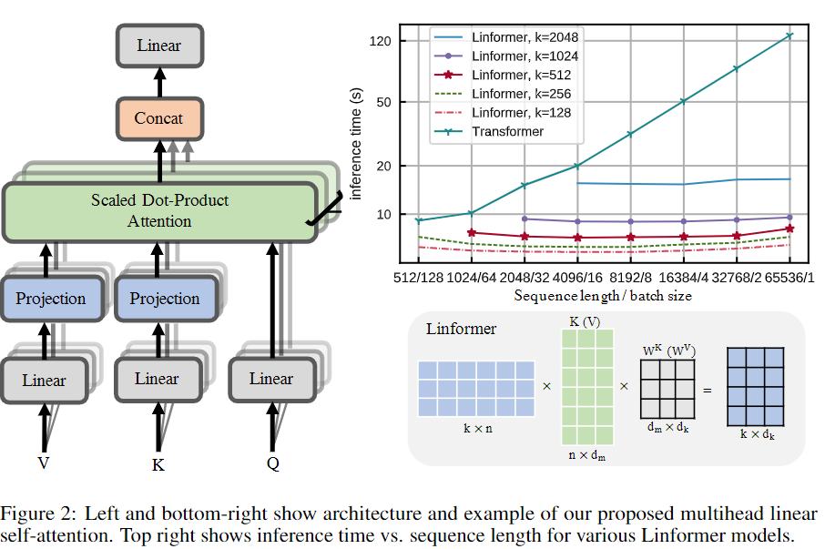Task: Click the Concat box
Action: (x=158, y=117)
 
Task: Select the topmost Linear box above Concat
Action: (x=158, y=45)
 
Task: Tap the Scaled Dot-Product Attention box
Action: (x=159, y=210)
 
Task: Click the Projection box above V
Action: (x=51, y=299)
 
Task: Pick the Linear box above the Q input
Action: (x=271, y=378)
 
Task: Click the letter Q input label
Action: (x=272, y=464)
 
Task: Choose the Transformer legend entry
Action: (x=507, y=131)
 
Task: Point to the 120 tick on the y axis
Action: (x=381, y=41)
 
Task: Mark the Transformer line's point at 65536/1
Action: (x=789, y=36)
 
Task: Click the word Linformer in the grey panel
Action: (x=461, y=329)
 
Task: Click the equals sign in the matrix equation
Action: (x=707, y=391)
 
